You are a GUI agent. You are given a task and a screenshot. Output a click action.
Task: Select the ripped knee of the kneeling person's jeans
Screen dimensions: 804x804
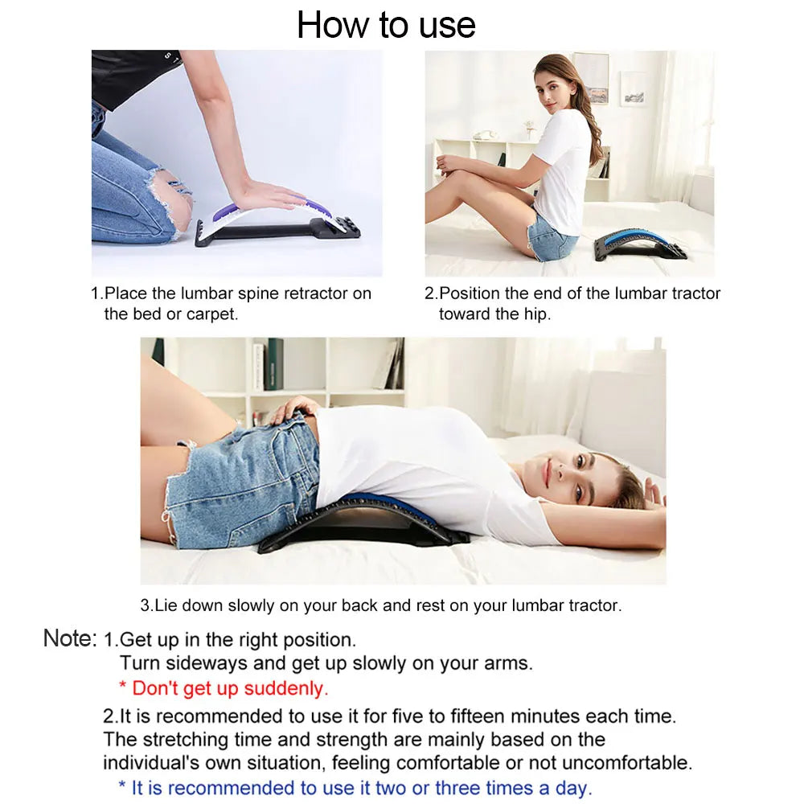[173, 197]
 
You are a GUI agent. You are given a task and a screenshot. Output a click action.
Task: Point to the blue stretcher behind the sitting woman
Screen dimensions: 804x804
[640, 242]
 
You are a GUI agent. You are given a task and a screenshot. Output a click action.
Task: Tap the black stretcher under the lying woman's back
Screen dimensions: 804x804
[362, 527]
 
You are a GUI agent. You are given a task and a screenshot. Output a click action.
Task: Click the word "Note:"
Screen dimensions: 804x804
[70, 638]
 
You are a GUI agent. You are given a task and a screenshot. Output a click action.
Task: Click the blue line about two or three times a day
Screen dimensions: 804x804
[355, 788]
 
